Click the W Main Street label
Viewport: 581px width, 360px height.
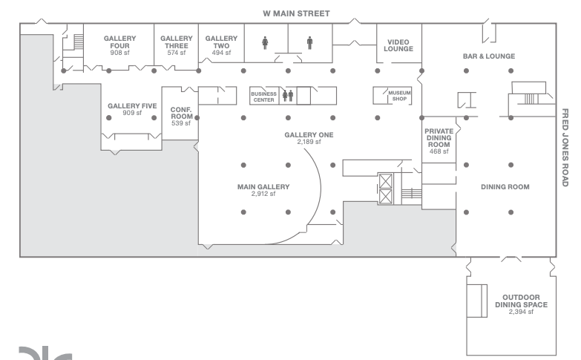(296, 13)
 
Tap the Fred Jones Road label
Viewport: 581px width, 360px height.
(565, 148)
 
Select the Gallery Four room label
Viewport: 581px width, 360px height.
(119, 42)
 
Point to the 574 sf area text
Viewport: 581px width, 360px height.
(177, 53)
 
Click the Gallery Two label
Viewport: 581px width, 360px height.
(221, 42)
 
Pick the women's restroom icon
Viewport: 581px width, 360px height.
(265, 42)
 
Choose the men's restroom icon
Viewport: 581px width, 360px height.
(309, 42)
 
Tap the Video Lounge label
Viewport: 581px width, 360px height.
(398, 45)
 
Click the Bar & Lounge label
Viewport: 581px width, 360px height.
(489, 56)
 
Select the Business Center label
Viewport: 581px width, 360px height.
(264, 96)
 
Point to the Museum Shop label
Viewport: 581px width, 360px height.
(399, 96)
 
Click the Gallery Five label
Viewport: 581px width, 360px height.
(132, 106)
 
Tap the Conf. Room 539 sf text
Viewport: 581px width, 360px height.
(181, 117)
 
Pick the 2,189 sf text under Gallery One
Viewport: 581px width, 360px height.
(309, 142)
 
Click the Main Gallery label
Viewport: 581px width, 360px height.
(263, 187)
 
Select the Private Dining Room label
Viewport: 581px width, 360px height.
(439, 137)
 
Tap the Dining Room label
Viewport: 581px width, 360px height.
(505, 187)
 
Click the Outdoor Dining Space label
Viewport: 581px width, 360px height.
(522, 301)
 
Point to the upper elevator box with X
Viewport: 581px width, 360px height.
(386, 181)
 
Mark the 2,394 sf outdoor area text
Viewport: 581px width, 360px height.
(522, 312)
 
